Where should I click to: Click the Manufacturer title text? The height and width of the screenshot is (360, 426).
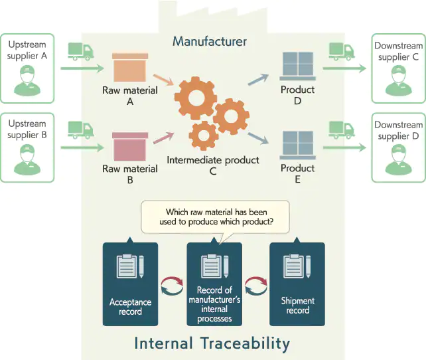coord(210,41)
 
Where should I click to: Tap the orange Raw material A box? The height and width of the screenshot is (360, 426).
coord(130,68)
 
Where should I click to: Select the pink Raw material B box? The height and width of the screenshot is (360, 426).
coord(130,147)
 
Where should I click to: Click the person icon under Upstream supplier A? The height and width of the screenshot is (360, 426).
coord(27,80)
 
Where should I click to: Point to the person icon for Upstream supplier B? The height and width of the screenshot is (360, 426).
coord(27,159)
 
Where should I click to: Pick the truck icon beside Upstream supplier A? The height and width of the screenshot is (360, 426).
coord(81,51)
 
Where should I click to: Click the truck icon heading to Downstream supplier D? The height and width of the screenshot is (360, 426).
coord(342,130)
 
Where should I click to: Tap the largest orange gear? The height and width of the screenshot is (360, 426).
coord(196,98)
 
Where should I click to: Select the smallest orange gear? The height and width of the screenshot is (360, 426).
coord(204,135)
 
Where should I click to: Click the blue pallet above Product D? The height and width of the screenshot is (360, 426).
coord(298,66)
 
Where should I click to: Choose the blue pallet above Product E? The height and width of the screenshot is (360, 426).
coord(298,145)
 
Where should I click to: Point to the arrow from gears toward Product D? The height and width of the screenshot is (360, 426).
coord(258,80)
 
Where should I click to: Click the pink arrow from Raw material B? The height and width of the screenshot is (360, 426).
coord(163,138)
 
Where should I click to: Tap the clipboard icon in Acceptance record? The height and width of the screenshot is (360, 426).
coord(130,266)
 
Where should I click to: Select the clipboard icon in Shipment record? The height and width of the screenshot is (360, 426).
coord(297,266)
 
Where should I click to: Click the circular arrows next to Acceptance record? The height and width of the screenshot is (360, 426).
coord(173,286)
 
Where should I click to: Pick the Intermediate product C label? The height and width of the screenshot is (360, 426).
coord(213,165)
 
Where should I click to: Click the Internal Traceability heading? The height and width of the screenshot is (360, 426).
coord(212,343)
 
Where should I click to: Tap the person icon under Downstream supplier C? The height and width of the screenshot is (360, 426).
coord(399,80)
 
